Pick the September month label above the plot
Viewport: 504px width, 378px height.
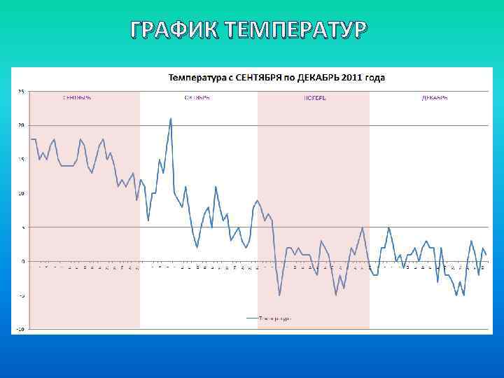[77, 98]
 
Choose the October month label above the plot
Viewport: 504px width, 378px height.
[197, 98]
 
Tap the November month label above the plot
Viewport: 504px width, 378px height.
[314, 98]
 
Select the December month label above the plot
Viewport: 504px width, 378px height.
[435, 98]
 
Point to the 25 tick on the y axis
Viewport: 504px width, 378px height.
[20, 91]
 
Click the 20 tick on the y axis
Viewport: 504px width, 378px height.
[20, 125]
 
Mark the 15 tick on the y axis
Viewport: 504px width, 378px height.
[20, 159]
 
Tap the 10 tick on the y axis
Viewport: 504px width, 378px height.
[20, 193]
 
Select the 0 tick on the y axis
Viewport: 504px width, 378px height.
[22, 261]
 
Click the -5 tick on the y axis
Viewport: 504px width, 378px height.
[20, 295]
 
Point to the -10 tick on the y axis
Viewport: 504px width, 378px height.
[20, 329]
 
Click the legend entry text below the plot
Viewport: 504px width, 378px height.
[274, 318]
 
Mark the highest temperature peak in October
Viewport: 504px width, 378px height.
[170, 118]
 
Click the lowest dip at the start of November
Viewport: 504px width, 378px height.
[279, 295]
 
